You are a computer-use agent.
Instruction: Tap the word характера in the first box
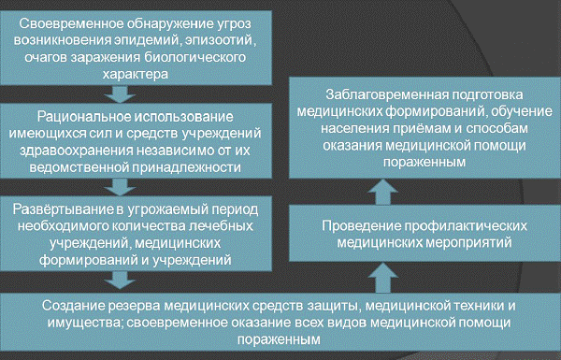tap(136, 74)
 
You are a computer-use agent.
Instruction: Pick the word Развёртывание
tap(64, 209)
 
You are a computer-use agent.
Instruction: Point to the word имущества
tap(85, 324)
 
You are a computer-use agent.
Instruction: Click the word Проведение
tap(362, 226)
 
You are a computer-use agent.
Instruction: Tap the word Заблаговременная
tap(388, 94)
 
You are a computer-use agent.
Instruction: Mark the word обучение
tap(522, 111)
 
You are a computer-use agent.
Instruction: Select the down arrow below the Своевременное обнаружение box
tap(120, 94)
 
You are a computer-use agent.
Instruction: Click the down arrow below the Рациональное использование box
tap(120, 187)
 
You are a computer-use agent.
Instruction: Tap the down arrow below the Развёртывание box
tap(120, 281)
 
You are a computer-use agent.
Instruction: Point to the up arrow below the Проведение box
tap(382, 278)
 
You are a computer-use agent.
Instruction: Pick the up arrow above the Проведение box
tap(382, 192)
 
